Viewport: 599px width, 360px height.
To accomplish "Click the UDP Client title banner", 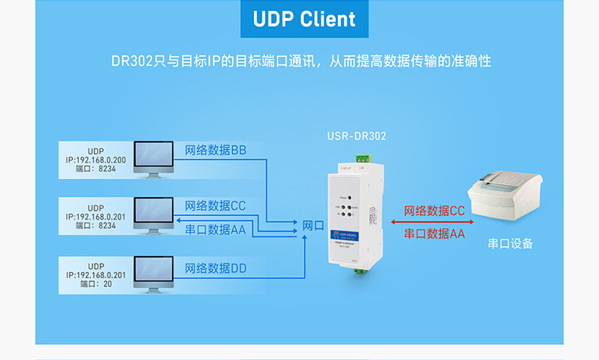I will tap(299, 19).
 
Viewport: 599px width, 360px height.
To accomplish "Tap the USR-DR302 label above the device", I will tap(356, 137).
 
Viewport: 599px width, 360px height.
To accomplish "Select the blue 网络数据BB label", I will tap(215, 150).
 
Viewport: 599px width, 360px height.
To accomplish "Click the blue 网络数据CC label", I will tap(215, 205).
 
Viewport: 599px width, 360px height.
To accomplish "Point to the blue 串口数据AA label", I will tap(215, 229).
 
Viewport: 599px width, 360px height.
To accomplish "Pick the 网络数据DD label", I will tap(215, 268).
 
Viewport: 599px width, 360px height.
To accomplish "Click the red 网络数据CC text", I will tap(434, 211).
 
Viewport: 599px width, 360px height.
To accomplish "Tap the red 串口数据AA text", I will tap(434, 234).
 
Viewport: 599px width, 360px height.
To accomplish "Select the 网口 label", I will tap(313, 226).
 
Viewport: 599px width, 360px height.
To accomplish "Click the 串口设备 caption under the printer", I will tap(510, 243).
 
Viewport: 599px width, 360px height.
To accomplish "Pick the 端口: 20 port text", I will tap(96, 284).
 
